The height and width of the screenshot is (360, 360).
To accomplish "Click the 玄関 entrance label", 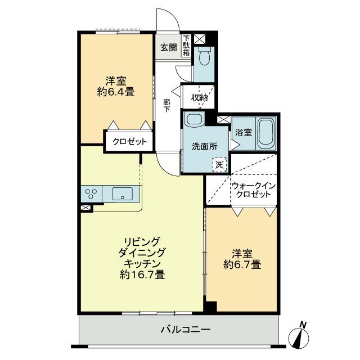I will [x=168, y=47].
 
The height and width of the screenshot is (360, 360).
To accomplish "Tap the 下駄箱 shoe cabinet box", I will [x=186, y=47].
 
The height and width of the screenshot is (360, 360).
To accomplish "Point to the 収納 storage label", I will [x=199, y=97].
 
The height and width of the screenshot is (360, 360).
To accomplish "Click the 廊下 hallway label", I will [x=167, y=105].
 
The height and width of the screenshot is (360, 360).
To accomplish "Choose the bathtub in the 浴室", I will [x=264, y=133].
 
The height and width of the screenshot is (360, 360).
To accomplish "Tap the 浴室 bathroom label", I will [x=243, y=133].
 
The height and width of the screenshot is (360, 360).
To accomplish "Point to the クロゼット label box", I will [x=129, y=142].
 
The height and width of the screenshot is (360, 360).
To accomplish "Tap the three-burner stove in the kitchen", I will [x=92, y=194].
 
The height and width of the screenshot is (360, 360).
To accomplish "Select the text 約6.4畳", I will [x=115, y=92].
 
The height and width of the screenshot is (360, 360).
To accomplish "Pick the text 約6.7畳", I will [x=242, y=263].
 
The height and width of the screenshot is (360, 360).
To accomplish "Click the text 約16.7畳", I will [x=142, y=275].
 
